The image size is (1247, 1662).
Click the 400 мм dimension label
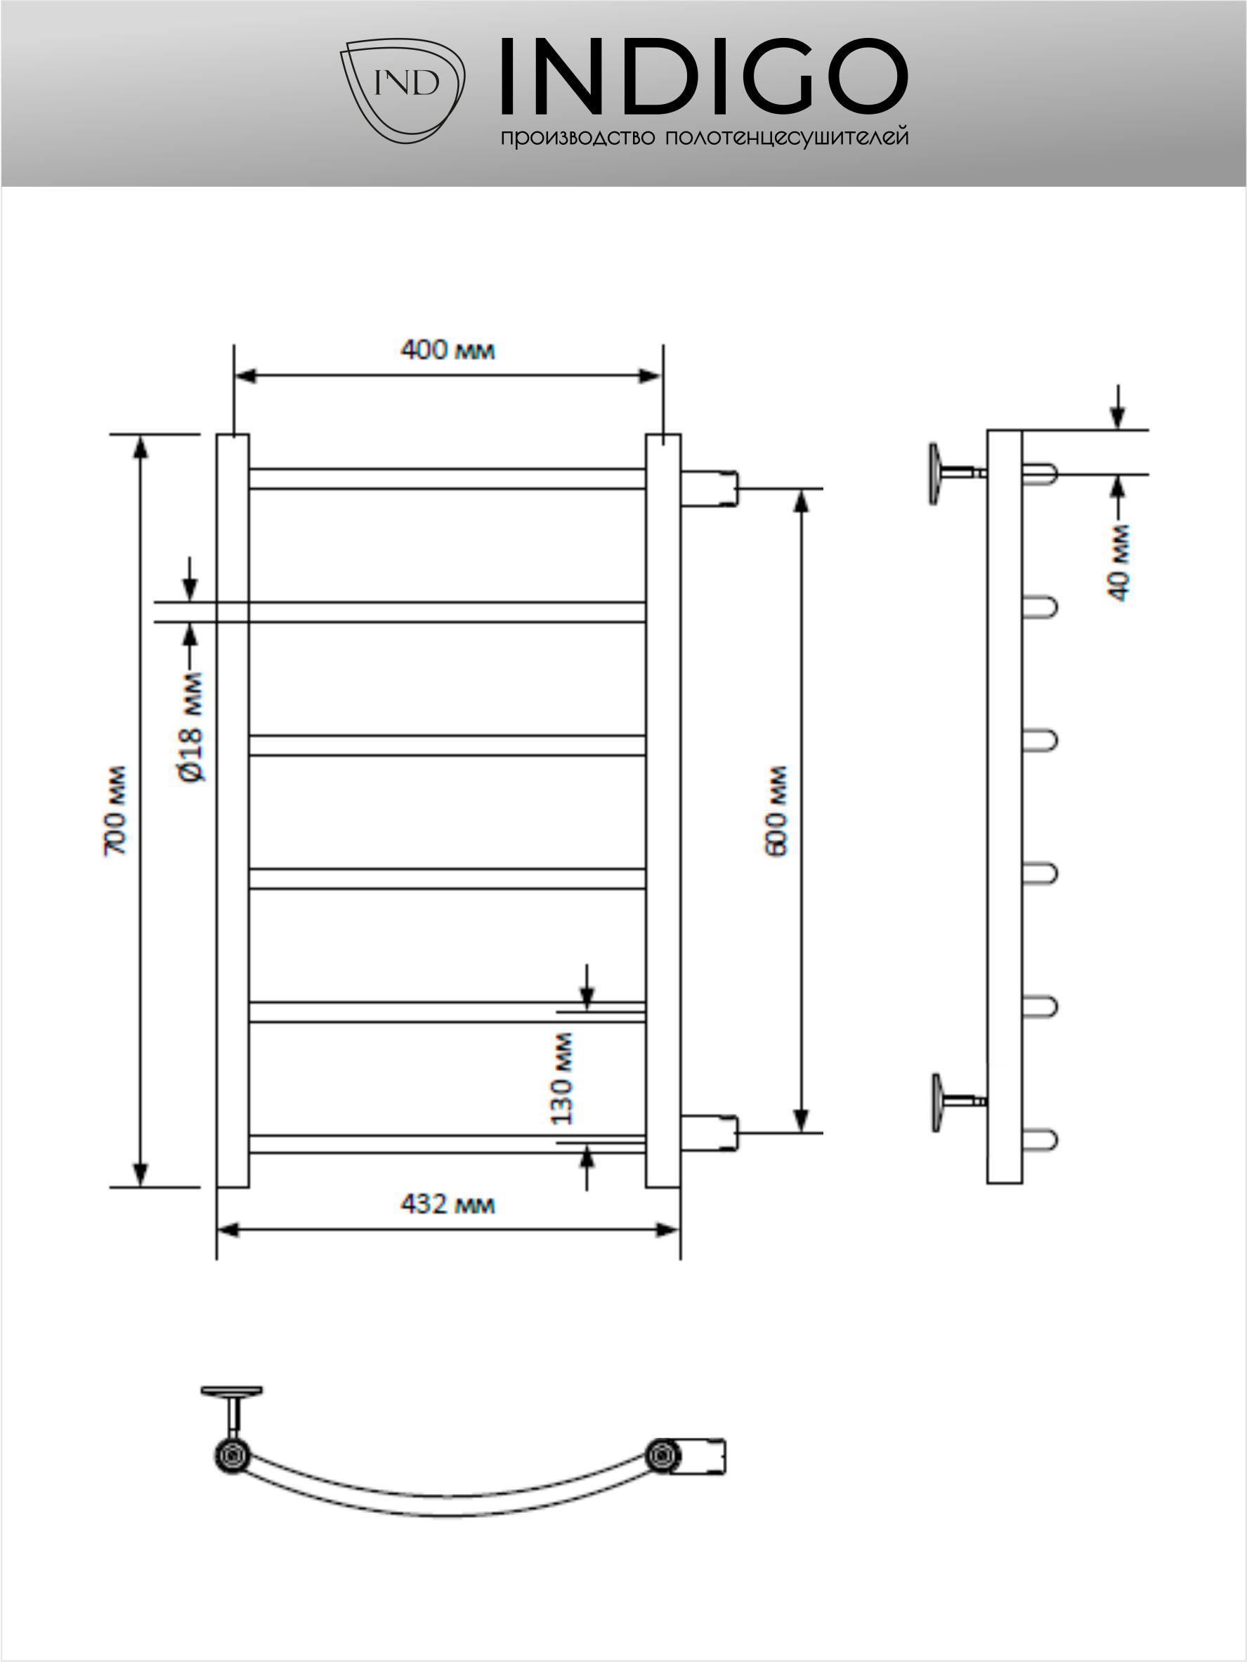click(448, 350)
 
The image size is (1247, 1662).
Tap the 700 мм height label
click(117, 810)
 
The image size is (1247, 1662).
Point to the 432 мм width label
click(448, 1205)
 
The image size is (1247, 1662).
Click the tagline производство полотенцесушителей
click(704, 138)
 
